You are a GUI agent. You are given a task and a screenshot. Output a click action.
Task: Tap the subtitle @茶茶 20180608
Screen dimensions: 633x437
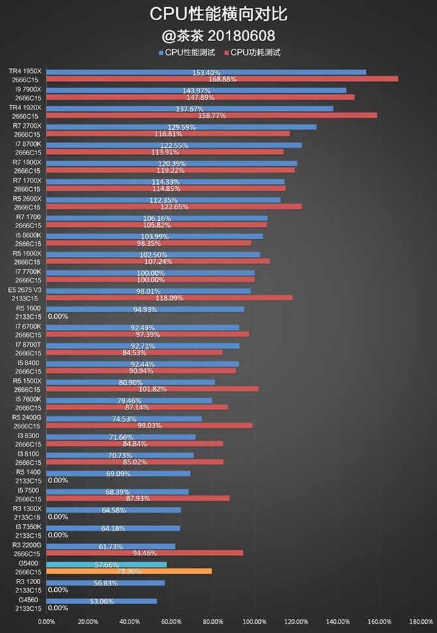218,34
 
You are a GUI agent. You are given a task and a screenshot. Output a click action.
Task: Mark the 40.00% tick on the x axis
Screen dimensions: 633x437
129,621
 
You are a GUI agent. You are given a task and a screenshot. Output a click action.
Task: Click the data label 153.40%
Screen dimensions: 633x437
206,72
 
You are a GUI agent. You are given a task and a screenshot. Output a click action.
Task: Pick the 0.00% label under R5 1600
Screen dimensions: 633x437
58,316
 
